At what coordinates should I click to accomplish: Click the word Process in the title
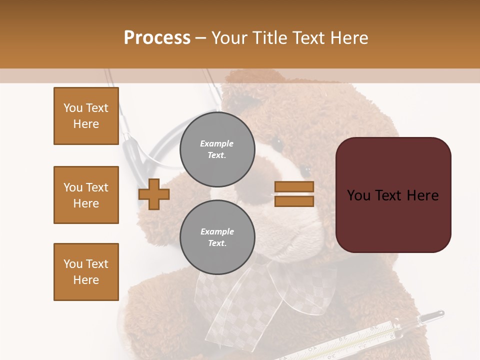pyautogui.click(x=157, y=37)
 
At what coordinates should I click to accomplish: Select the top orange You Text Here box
pyautogui.click(x=86, y=116)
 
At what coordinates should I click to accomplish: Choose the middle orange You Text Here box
pyautogui.click(x=86, y=195)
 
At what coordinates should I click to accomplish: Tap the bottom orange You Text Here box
pyautogui.click(x=86, y=272)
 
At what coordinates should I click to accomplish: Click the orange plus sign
pyautogui.click(x=154, y=194)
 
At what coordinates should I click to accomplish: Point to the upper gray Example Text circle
pyautogui.click(x=217, y=149)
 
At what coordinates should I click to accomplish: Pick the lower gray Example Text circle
pyautogui.click(x=217, y=237)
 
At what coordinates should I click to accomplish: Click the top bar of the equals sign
pyautogui.click(x=294, y=186)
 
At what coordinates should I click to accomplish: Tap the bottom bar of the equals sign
pyautogui.click(x=294, y=201)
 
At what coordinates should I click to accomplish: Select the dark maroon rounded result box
pyautogui.click(x=393, y=220)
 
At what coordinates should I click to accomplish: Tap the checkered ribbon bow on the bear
pyautogui.click(x=260, y=290)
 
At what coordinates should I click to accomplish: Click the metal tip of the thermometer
pyautogui.click(x=434, y=315)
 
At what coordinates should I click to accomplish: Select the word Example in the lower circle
pyautogui.click(x=217, y=231)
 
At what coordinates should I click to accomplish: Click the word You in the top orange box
pyautogui.click(x=72, y=108)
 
